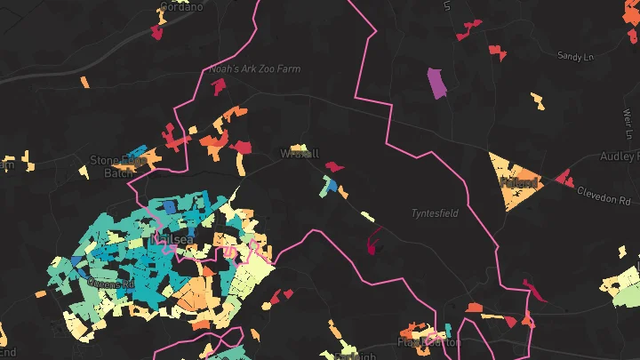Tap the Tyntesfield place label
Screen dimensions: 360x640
(x=431, y=214)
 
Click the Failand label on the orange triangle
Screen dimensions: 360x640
(x=519, y=183)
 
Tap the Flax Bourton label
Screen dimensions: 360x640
(x=429, y=342)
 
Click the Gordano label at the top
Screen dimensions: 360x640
(x=180, y=6)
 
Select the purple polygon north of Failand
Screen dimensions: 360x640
(x=436, y=83)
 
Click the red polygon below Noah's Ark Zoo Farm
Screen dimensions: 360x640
(x=219, y=86)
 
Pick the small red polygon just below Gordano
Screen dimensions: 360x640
(x=157, y=33)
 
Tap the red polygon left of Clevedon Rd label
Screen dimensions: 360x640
(x=564, y=179)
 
